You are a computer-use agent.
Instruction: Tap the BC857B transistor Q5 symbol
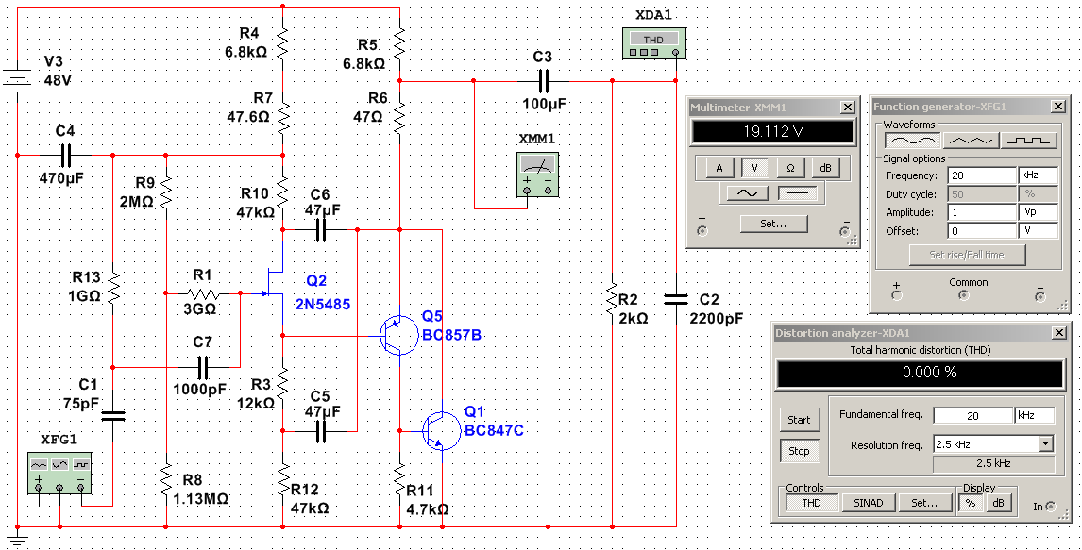click(396, 336)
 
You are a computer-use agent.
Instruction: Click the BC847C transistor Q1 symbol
click(438, 430)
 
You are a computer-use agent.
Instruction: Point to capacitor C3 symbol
click(542, 80)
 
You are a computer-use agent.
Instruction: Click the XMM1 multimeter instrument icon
click(536, 178)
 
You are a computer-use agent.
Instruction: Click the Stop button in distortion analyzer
click(799, 451)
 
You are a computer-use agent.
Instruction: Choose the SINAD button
click(869, 503)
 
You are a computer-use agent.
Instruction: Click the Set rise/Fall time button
click(968, 255)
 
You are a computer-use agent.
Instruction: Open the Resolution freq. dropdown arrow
click(1044, 443)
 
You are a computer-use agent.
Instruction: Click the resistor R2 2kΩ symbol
click(612, 300)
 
